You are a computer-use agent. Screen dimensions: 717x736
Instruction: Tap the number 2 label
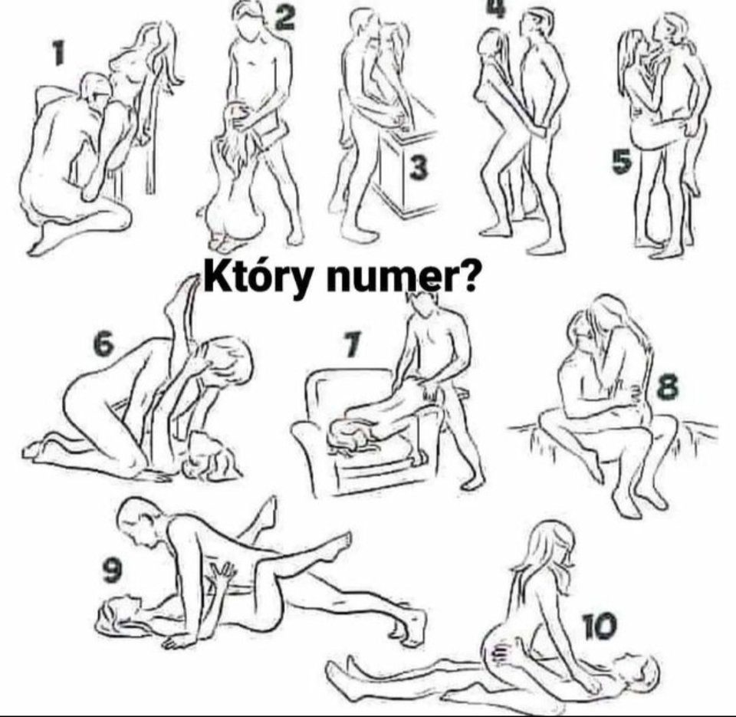point(284,17)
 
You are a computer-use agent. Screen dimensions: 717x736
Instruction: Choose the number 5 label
point(622,162)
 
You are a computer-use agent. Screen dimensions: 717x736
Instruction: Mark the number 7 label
point(351,347)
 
